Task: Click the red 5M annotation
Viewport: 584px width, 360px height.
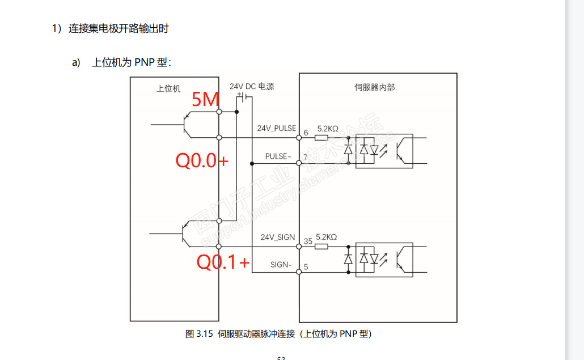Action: (x=205, y=100)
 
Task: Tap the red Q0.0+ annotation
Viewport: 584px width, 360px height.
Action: (x=202, y=161)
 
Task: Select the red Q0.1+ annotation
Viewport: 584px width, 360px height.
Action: (x=223, y=262)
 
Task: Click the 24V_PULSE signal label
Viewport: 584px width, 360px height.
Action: (x=276, y=129)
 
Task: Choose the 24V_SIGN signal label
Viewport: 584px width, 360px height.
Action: (x=278, y=237)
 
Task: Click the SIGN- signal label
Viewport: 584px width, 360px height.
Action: (x=281, y=264)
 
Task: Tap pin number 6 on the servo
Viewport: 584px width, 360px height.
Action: (x=306, y=133)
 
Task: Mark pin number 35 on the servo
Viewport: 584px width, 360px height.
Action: (x=308, y=241)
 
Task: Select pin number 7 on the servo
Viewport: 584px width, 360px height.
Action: (x=306, y=156)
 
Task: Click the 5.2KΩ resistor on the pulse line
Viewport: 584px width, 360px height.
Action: (x=321, y=137)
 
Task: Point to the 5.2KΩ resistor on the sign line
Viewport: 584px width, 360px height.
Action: (x=321, y=246)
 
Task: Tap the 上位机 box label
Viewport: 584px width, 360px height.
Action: (x=168, y=89)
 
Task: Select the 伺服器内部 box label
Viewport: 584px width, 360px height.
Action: (x=374, y=87)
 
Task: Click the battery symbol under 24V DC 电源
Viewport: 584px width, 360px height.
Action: (x=244, y=98)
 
